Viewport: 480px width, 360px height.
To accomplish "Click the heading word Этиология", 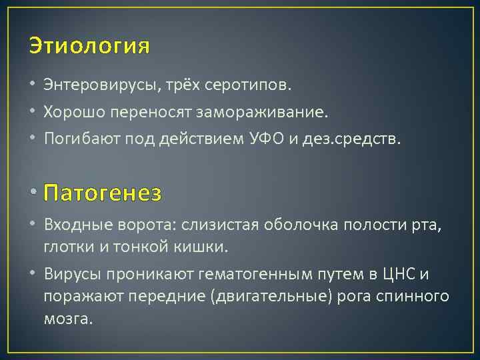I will click(x=89, y=47).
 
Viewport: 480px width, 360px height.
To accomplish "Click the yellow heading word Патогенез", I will click(x=102, y=193).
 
